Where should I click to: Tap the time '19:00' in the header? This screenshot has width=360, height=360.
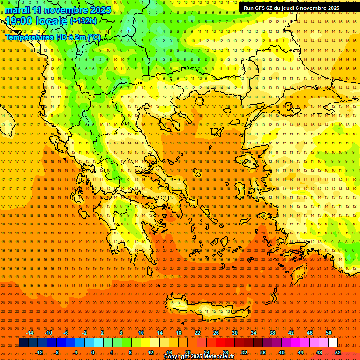(18, 21)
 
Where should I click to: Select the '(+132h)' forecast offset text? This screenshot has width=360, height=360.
(83, 21)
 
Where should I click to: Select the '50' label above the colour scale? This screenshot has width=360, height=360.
(329, 333)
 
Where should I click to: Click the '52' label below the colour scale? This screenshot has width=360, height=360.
(338, 352)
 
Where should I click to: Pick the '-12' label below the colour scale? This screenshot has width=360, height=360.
(39, 352)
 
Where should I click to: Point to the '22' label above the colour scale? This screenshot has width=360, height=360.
(197, 333)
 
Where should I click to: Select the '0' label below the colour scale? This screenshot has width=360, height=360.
(92, 352)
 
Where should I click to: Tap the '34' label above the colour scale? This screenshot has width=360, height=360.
(254, 333)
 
